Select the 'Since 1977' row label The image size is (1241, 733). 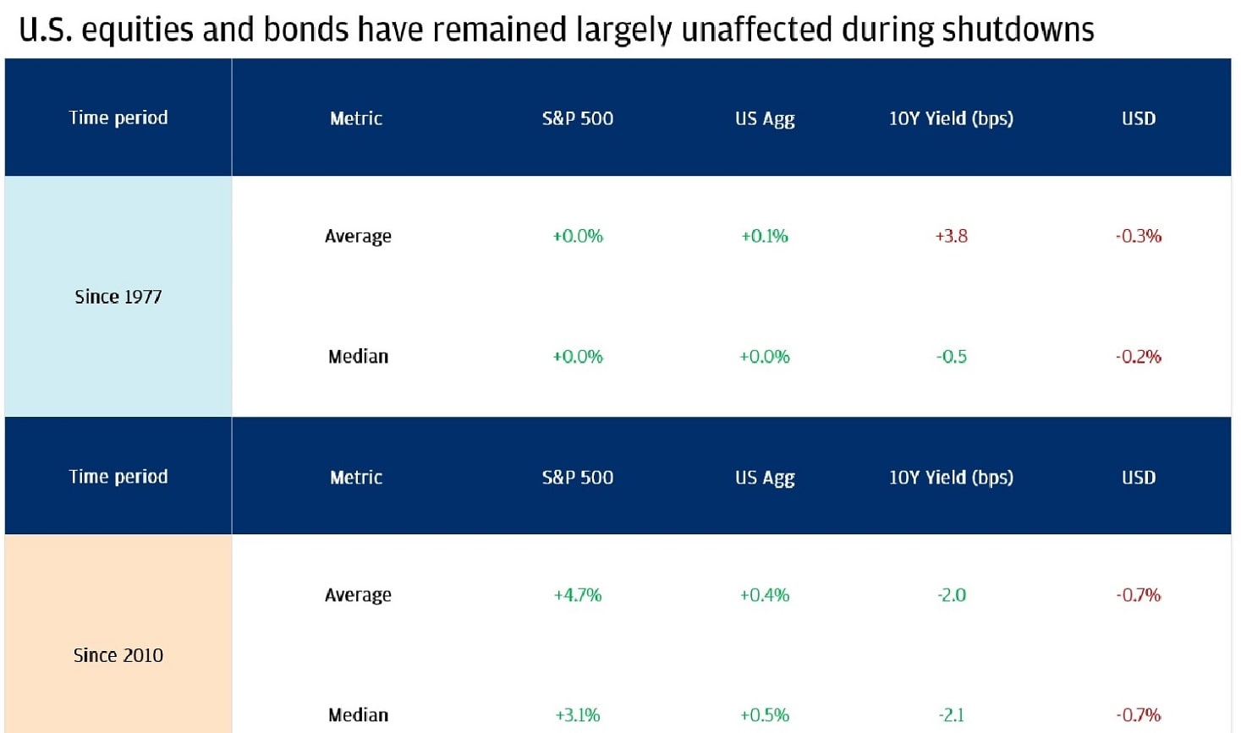(x=118, y=297)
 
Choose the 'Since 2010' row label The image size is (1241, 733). (x=118, y=655)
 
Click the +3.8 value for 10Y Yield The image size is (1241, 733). (x=951, y=236)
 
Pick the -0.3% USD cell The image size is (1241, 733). (x=1138, y=236)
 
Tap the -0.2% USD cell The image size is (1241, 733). (x=1138, y=357)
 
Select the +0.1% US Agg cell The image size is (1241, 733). (x=764, y=236)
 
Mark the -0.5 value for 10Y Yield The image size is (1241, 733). (x=951, y=357)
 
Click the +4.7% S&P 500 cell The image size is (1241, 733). (x=577, y=595)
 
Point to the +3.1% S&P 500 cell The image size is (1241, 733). (x=577, y=715)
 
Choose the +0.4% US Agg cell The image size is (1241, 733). (x=764, y=595)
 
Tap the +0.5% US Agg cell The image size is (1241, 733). (x=764, y=715)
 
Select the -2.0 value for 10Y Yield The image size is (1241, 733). (x=951, y=595)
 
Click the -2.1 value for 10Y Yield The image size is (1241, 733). (x=951, y=715)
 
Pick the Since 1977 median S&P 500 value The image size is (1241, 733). (x=577, y=357)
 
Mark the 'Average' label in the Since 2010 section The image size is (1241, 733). (x=358, y=595)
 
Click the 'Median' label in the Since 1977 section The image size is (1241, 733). (x=358, y=357)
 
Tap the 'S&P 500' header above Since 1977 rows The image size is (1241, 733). (x=577, y=118)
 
